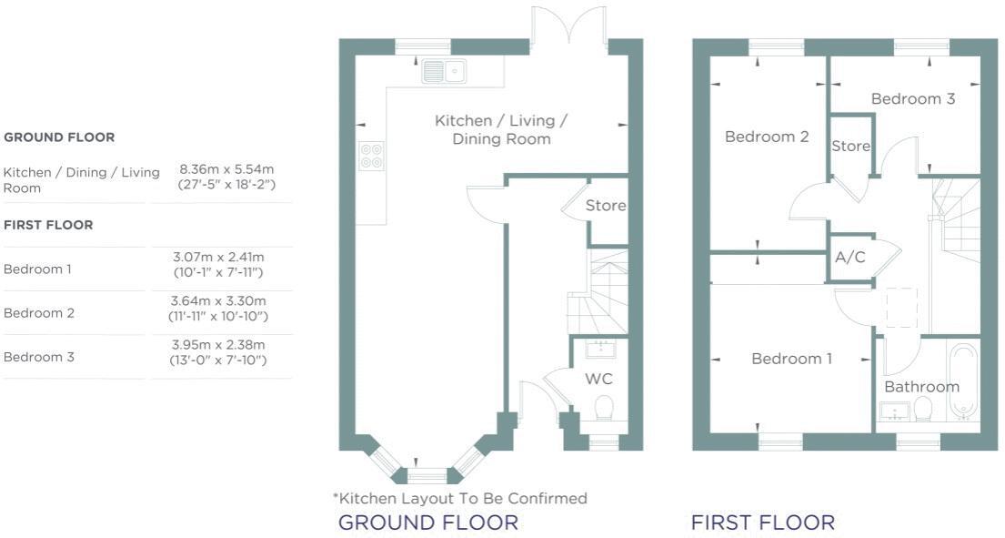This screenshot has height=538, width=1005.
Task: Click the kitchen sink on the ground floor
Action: pyautogui.click(x=444, y=70)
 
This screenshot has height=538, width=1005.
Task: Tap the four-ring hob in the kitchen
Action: pyautogui.click(x=371, y=156)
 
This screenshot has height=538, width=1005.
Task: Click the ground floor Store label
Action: pyautogui.click(x=606, y=206)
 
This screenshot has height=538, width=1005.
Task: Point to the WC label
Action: pyautogui.click(x=598, y=377)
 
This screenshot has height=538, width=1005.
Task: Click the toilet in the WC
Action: pyautogui.click(x=604, y=406)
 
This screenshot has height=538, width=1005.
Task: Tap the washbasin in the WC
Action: pyautogui.click(x=599, y=349)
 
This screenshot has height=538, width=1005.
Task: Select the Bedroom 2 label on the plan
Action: pyautogui.click(x=767, y=137)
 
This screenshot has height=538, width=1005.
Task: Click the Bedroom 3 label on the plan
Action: pyautogui.click(x=912, y=98)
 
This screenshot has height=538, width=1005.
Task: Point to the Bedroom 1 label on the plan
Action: pyautogui.click(x=791, y=359)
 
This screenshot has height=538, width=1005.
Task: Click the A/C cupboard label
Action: pyautogui.click(x=849, y=257)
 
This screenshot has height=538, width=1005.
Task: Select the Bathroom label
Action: pyautogui.click(x=921, y=386)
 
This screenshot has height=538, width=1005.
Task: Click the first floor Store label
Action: pyautogui.click(x=850, y=146)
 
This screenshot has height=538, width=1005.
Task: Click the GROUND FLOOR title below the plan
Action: pyautogui.click(x=427, y=523)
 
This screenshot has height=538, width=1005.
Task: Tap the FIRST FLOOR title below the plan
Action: pyautogui.click(x=762, y=523)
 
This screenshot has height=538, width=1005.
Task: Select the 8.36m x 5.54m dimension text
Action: pyautogui.click(x=226, y=169)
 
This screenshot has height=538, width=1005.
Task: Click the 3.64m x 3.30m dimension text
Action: pyautogui.click(x=218, y=301)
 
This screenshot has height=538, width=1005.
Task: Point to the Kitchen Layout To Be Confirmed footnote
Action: pyautogui.click(x=459, y=498)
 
